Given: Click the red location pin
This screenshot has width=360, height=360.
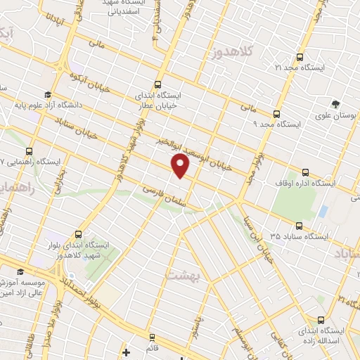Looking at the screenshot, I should [x=181, y=166].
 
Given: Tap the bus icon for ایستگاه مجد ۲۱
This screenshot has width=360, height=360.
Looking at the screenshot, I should [x=300, y=57].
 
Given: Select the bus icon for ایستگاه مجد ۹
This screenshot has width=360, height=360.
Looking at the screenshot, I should [x=276, y=113].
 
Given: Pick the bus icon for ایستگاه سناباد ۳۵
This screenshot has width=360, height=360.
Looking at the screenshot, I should [x=300, y=226].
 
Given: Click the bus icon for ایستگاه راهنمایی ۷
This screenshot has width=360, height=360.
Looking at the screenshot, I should [x=29, y=150].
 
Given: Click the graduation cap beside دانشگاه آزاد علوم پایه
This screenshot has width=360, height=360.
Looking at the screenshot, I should [x=47, y=95].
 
